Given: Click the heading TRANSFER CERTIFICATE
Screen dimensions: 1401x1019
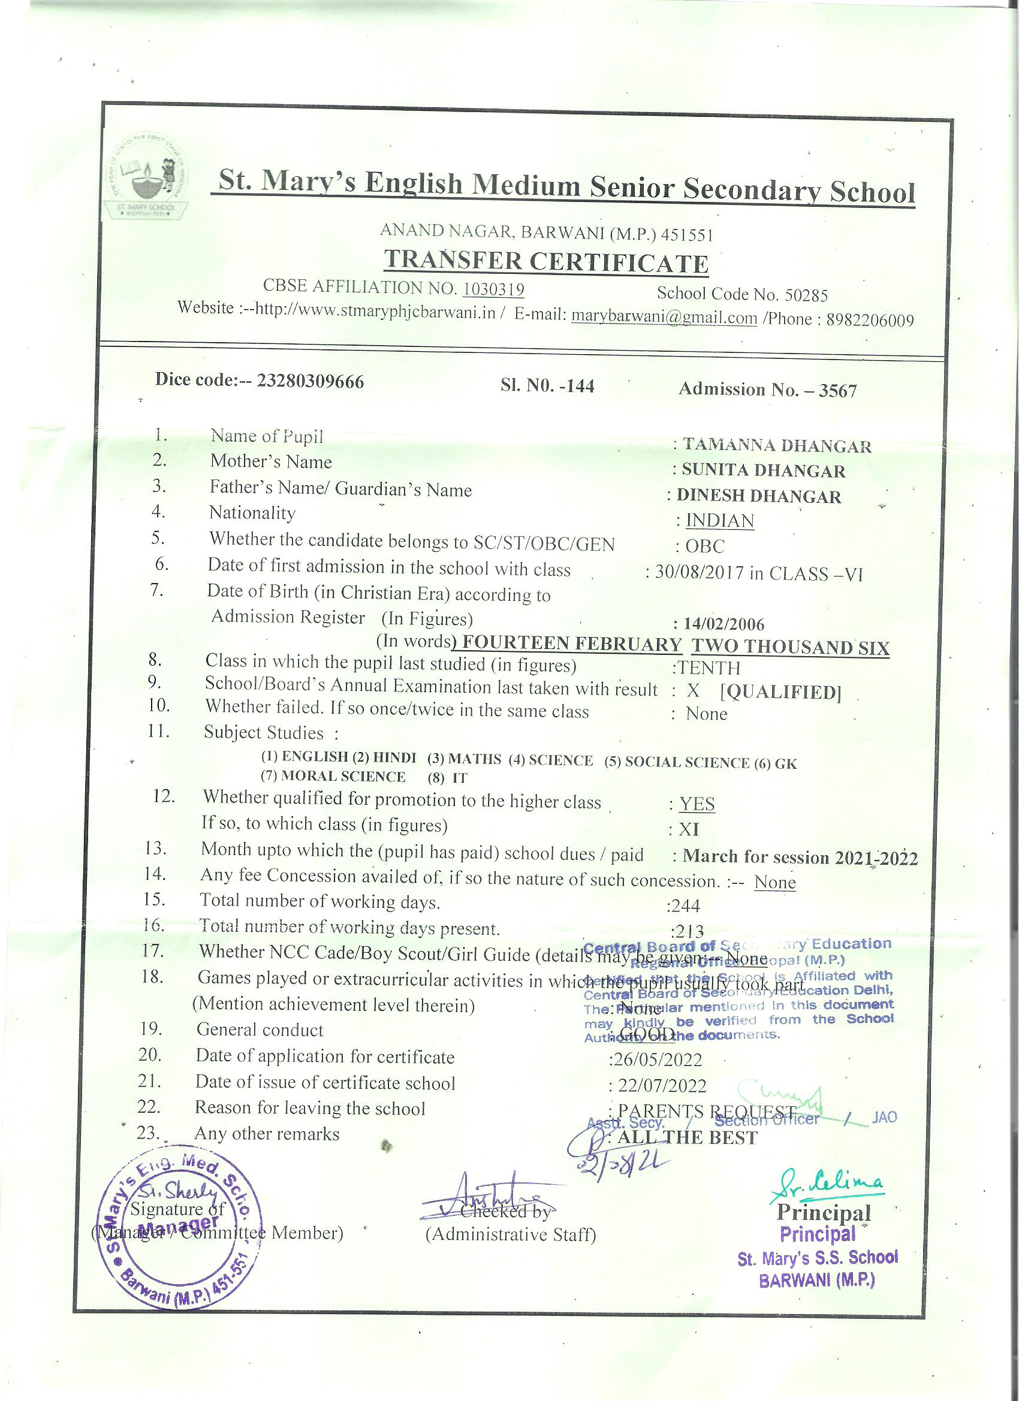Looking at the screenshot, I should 545,262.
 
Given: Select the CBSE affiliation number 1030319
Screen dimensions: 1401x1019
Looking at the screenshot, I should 493,289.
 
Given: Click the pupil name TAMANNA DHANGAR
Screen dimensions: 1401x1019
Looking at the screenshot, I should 777,445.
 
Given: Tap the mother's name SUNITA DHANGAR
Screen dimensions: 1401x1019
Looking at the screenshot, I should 763,471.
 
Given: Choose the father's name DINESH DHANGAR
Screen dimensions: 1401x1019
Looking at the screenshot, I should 759,497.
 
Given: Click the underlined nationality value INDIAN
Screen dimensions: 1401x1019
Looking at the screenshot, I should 720,521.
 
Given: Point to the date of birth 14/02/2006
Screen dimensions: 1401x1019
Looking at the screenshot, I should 723,624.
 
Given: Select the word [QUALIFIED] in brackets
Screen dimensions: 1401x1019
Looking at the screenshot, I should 780,692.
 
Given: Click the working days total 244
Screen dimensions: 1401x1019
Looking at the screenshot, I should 686,906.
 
